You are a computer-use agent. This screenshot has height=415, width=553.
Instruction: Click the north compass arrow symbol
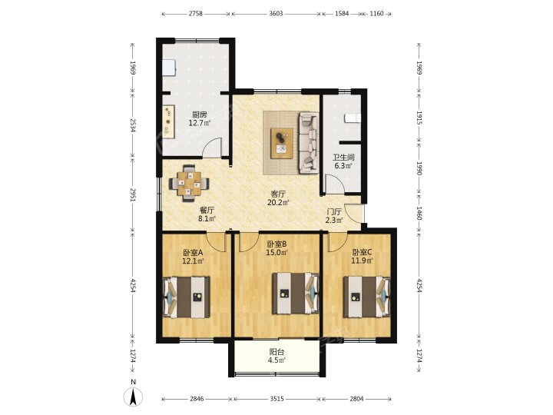click(133, 397)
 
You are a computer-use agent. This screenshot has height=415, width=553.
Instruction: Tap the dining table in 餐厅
click(190, 184)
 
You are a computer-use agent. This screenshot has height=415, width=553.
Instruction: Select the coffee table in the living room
click(282, 143)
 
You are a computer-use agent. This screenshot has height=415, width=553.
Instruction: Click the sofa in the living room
click(309, 143)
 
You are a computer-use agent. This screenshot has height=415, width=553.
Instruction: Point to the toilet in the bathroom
click(353, 118)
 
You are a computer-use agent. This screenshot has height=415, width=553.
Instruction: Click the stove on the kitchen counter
click(168, 121)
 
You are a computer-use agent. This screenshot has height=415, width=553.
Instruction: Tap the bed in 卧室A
click(186, 297)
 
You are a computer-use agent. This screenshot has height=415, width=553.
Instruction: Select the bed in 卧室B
click(296, 294)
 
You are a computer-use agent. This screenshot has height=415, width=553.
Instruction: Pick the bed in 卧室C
click(367, 297)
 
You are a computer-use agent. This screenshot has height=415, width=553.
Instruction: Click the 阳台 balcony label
click(276, 352)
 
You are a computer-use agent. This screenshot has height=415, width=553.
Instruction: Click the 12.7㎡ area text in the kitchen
click(199, 123)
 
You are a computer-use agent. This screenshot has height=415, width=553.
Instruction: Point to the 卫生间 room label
click(343, 158)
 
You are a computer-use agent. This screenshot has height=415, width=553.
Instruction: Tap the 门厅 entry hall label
click(333, 212)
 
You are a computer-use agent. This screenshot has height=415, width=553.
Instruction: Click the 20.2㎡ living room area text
click(278, 203)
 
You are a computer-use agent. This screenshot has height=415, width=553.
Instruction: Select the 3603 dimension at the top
click(276, 14)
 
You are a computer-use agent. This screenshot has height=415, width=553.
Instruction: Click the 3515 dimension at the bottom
click(276, 399)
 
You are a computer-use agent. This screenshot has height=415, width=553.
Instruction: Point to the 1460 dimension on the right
click(419, 213)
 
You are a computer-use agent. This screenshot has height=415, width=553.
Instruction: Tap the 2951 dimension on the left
click(133, 194)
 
